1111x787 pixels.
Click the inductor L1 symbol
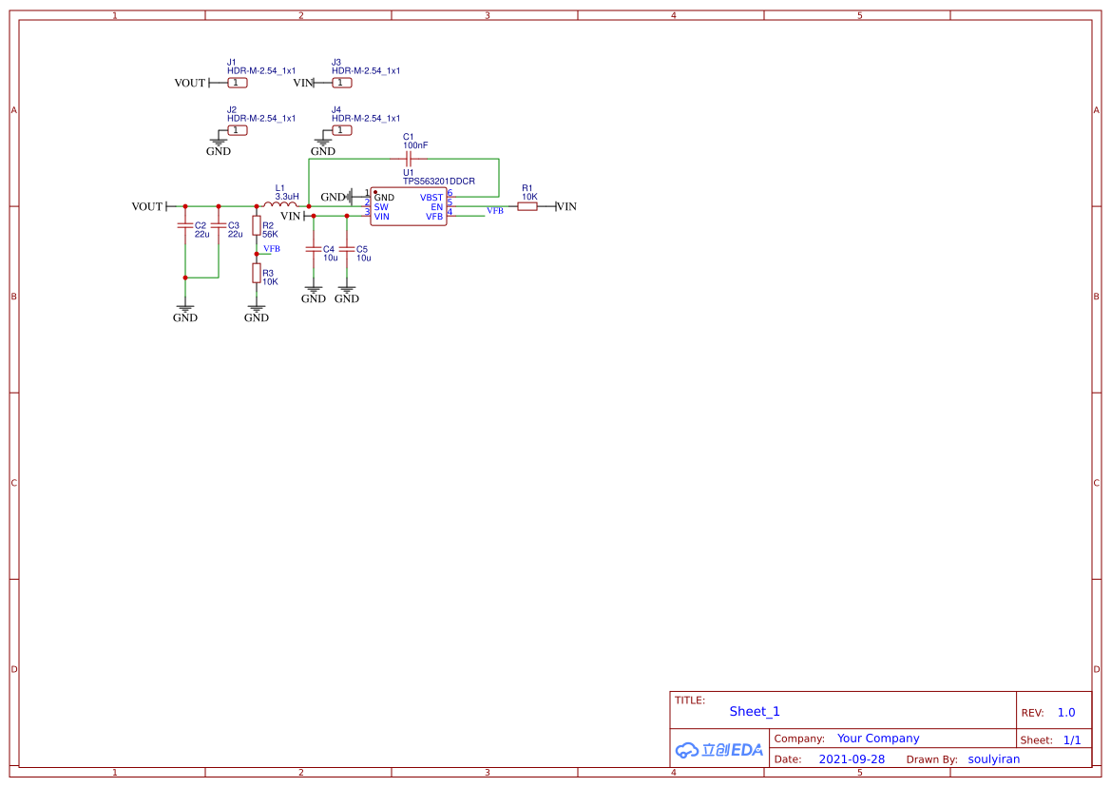(279, 204)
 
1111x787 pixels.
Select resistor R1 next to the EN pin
(527, 206)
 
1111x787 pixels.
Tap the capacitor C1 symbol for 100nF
(409, 159)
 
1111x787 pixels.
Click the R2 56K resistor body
(256, 225)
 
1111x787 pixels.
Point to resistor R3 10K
(256, 273)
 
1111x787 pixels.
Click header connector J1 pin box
(238, 83)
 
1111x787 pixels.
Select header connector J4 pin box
(342, 130)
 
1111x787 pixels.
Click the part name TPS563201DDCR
(438, 181)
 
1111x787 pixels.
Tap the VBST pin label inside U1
(431, 197)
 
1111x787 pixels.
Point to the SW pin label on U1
(381, 206)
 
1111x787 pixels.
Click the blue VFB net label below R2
(272, 248)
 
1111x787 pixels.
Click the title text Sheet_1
(755, 711)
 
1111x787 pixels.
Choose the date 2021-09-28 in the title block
(852, 758)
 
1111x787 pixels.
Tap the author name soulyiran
(993, 758)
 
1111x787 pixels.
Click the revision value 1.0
(1066, 712)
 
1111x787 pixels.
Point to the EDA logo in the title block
(719, 749)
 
